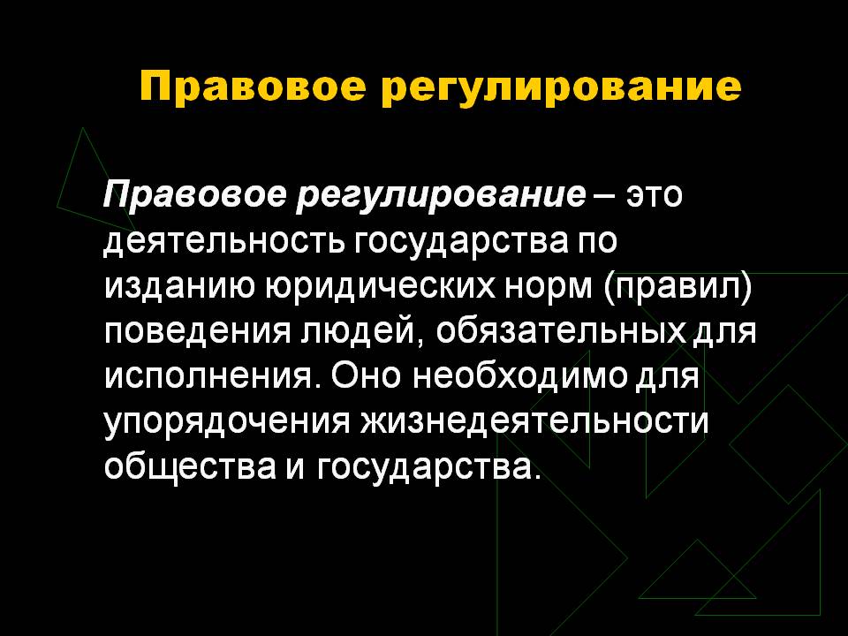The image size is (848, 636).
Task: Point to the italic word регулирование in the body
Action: click(442, 196)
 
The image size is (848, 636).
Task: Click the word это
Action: click(655, 194)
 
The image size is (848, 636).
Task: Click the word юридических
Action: click(380, 289)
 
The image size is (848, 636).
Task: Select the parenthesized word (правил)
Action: click(678, 289)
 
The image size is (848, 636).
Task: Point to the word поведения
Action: click(197, 331)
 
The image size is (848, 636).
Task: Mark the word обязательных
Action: click(560, 331)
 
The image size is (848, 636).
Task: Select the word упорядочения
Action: click(227, 422)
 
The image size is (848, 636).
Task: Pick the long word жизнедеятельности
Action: click(534, 421)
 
